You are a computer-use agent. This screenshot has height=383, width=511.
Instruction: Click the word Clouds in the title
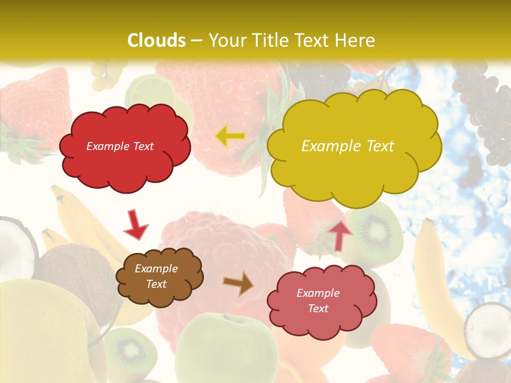click(x=156, y=40)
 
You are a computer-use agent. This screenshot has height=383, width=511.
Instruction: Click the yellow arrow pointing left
click(x=230, y=136)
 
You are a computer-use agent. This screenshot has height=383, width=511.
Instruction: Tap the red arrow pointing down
click(x=135, y=224)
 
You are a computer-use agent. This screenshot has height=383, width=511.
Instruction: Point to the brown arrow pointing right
click(x=238, y=284)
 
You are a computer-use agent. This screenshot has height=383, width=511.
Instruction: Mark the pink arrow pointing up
click(x=340, y=235)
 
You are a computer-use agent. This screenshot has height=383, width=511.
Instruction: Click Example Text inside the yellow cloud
click(x=348, y=146)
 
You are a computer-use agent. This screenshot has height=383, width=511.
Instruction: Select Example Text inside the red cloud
click(x=120, y=146)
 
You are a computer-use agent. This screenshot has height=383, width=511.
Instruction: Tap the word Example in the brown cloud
click(x=156, y=269)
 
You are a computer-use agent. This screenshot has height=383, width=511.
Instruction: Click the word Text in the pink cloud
click(x=318, y=309)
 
